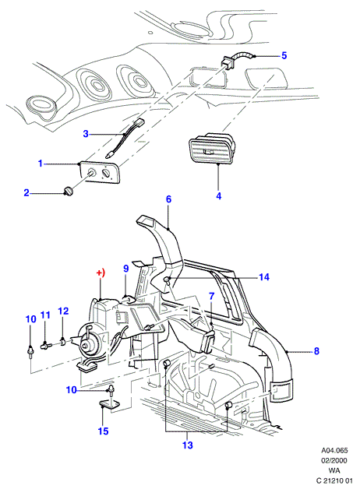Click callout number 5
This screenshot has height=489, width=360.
click(x=284, y=55)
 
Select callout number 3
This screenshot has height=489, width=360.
click(x=86, y=134)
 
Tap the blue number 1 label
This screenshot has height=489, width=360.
click(x=41, y=163)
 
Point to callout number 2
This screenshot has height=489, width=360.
click(x=26, y=193)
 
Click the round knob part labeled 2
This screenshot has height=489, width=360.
click(x=69, y=191)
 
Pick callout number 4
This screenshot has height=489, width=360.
click(x=219, y=196)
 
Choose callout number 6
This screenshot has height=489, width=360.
click(x=169, y=199)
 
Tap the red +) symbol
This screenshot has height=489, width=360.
click(x=101, y=273)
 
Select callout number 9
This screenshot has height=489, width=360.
click(x=126, y=268)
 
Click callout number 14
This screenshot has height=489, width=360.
click(x=264, y=277)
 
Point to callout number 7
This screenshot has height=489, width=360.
click(x=211, y=296)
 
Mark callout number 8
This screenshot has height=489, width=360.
click(x=316, y=351)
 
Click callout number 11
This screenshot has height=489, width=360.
click(x=45, y=315)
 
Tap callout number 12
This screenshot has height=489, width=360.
click(x=63, y=311)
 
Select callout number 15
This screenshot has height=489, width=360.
click(x=104, y=431)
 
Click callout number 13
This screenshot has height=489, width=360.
click(x=188, y=445)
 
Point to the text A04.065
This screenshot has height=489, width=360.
click(x=335, y=450)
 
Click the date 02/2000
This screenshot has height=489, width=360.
click(x=335, y=460)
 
